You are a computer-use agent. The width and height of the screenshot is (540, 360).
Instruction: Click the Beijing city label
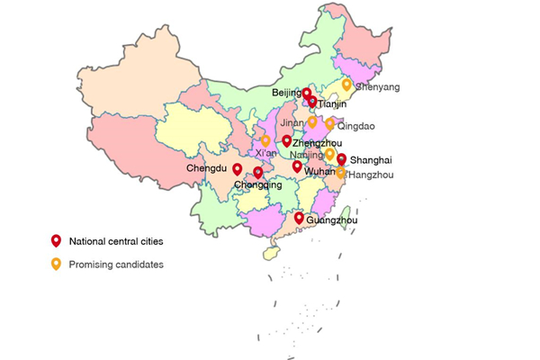point(286,93)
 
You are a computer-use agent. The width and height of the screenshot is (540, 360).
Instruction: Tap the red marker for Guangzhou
point(299,218)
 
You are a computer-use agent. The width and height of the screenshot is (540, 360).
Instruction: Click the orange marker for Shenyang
point(346,85)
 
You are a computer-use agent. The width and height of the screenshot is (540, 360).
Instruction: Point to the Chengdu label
point(207,168)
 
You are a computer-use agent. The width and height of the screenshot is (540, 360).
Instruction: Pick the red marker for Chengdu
point(238,168)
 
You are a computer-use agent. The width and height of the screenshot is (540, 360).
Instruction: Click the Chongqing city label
point(251,185)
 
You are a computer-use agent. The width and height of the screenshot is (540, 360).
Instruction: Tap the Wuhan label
point(319,170)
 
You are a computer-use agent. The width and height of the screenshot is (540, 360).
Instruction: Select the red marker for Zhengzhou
point(286,140)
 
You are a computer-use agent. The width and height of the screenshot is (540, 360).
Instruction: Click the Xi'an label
point(265,154)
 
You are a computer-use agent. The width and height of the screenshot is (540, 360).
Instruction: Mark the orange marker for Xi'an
point(265,140)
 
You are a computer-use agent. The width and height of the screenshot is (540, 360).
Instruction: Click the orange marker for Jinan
point(312,121)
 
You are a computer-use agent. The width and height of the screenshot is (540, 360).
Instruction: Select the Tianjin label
point(332,104)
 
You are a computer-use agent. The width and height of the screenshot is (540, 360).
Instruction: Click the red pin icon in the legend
point(56,240)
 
